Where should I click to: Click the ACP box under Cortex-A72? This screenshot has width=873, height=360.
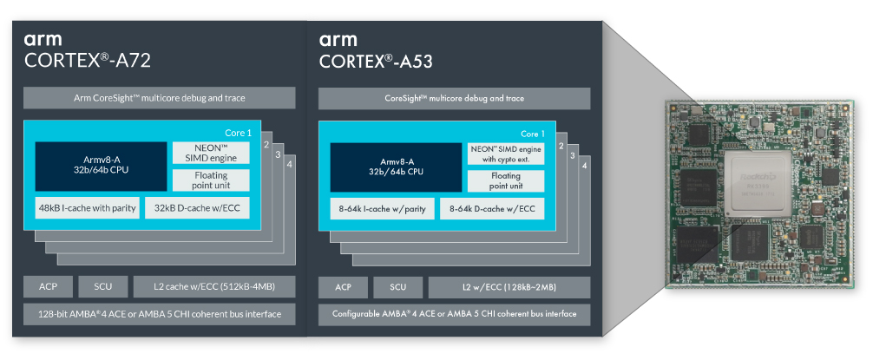click(x=49, y=287)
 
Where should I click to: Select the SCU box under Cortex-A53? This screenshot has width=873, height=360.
click(x=397, y=287)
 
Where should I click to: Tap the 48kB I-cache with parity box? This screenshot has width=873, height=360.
click(x=88, y=209)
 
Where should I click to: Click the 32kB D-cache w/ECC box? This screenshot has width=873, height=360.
click(x=196, y=209)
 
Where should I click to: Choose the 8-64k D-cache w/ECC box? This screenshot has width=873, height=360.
click(x=492, y=208)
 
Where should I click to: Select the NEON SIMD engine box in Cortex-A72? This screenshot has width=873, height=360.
click(x=211, y=152)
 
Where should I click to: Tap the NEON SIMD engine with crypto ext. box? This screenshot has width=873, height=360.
click(x=506, y=153)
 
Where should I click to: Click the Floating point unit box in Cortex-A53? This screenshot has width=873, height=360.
click(x=506, y=180)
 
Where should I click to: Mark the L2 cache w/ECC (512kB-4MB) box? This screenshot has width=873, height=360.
click(x=213, y=287)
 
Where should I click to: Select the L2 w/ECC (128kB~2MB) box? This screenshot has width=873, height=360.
click(x=509, y=287)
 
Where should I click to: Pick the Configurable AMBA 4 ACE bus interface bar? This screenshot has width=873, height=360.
click(x=455, y=313)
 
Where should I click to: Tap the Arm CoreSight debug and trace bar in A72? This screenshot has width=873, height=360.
click(x=159, y=98)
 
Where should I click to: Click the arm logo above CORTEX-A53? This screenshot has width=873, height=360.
click(x=338, y=39)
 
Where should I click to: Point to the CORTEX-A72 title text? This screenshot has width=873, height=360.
click(x=89, y=61)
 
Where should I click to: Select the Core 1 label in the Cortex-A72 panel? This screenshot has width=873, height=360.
click(x=237, y=133)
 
